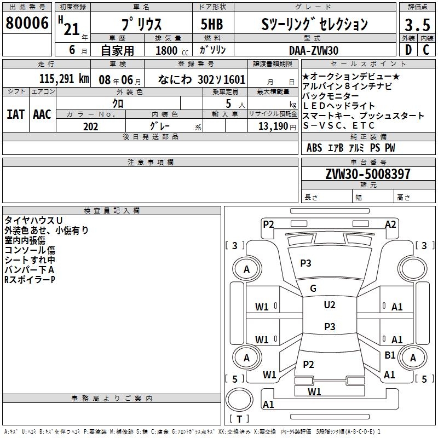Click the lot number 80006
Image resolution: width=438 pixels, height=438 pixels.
pyautogui.click(x=26, y=24)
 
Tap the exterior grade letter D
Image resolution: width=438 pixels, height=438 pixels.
pyautogui.click(x=408, y=50)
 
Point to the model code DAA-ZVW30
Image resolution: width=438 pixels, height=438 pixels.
pyautogui.click(x=314, y=50)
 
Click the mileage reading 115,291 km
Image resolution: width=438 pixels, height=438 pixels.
pyautogui.click(x=64, y=79)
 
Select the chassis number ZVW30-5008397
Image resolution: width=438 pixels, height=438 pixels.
pyautogui.click(x=367, y=174)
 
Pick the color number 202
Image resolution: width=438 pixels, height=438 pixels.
pyautogui.click(x=90, y=126)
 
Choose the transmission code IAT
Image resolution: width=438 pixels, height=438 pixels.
pyautogui.click(x=15, y=114)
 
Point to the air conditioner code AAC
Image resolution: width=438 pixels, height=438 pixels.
pyautogui.click(x=42, y=114)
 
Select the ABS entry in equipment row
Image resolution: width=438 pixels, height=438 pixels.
pyautogui.click(x=314, y=148)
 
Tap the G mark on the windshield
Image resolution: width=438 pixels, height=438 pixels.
pyautogui.click(x=313, y=289)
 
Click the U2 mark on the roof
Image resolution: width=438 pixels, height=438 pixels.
pyautogui.click(x=329, y=305)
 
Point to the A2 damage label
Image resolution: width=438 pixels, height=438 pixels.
pyautogui.click(x=390, y=224)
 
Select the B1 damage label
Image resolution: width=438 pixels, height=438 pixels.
pyautogui.click(x=390, y=355)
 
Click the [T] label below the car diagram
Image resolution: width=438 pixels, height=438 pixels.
pyautogui.click(x=239, y=419)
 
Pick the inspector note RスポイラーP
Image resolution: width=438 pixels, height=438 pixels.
pyautogui.click(x=30, y=280)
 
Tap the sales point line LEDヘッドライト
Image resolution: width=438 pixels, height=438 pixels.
pyautogui.click(x=339, y=106)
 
